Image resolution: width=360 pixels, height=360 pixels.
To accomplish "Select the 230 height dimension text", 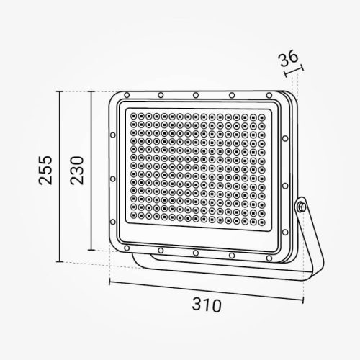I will (x=77, y=170).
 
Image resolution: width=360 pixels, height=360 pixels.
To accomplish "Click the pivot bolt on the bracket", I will (x=300, y=207).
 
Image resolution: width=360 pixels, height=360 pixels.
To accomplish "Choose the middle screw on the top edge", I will (x=196, y=94).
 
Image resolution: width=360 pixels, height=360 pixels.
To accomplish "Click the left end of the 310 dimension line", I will (x=109, y=283).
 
